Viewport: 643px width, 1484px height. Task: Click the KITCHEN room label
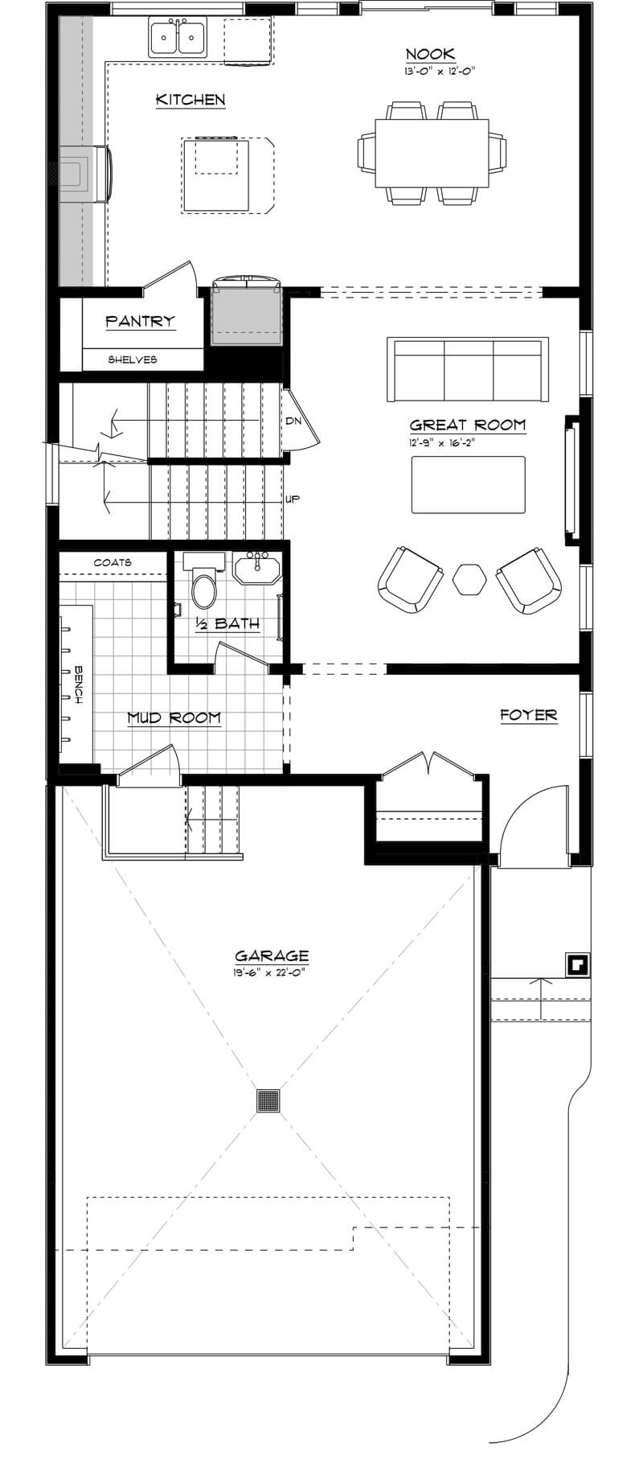(x=190, y=100)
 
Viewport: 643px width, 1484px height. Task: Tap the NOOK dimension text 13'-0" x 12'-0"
(x=440, y=72)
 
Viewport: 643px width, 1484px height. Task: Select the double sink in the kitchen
(x=177, y=37)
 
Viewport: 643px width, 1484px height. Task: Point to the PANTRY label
(x=141, y=321)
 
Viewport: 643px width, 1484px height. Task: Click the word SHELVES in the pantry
(x=133, y=360)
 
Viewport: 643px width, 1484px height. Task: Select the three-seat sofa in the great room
(x=467, y=370)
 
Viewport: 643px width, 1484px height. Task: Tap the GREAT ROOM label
(x=467, y=425)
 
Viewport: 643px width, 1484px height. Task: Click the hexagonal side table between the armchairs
(x=469, y=579)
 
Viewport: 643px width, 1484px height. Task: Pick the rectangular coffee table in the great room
(x=468, y=484)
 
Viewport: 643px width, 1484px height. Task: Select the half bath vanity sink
(x=257, y=569)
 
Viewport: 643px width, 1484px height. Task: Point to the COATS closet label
(x=113, y=562)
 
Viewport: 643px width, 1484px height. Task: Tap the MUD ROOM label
(x=174, y=717)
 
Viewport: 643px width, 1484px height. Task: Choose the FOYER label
(x=528, y=714)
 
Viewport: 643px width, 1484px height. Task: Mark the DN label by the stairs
(x=292, y=421)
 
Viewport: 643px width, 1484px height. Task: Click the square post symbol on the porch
(x=577, y=964)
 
